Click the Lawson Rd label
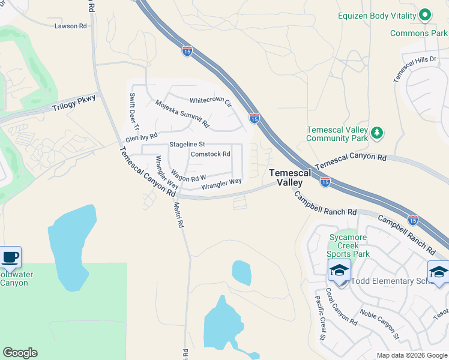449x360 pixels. click(x=70, y=26)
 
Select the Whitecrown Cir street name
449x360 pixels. click(x=211, y=101)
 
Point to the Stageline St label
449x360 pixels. click(x=187, y=145)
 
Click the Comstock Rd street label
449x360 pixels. click(x=210, y=154)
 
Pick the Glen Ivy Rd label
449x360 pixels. click(x=141, y=137)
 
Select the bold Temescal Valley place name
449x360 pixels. click(x=291, y=177)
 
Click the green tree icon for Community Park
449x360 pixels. click(x=376, y=132)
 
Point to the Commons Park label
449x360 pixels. click(x=418, y=33)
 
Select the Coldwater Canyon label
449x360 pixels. click(x=14, y=278)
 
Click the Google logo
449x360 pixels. click(x=20, y=353)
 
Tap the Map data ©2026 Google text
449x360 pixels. click(x=412, y=355)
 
